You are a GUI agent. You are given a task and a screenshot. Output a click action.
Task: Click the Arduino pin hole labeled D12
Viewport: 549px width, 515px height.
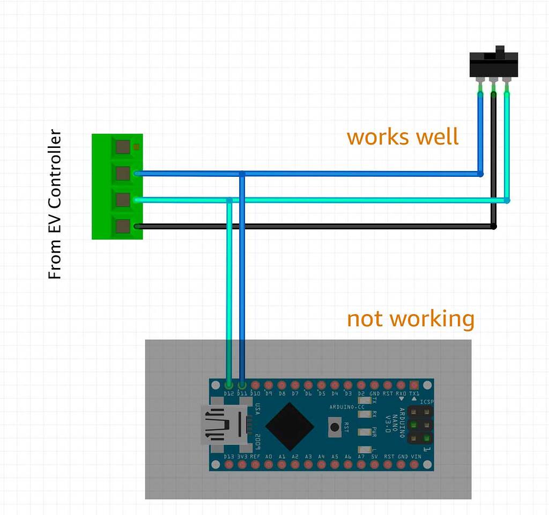click(x=229, y=385)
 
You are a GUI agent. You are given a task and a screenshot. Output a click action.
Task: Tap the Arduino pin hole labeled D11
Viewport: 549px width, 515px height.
click(x=242, y=385)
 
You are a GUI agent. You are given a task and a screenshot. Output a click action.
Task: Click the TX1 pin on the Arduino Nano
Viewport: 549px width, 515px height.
click(x=414, y=385)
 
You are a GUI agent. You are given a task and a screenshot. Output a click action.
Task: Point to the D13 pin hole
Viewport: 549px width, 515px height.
click(x=229, y=464)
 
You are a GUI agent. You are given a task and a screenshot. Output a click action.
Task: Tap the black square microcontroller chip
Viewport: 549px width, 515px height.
click(x=290, y=426)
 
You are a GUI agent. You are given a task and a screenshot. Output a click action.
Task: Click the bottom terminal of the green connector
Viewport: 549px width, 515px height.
click(x=123, y=226)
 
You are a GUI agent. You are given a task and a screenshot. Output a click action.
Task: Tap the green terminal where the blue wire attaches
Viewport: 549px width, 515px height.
click(x=123, y=173)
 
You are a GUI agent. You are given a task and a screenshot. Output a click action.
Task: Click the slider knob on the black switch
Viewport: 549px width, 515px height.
click(x=500, y=52)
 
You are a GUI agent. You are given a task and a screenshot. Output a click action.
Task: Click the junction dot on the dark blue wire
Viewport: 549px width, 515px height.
click(x=242, y=174)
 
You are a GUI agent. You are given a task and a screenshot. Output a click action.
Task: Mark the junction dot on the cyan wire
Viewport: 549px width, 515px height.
click(x=229, y=200)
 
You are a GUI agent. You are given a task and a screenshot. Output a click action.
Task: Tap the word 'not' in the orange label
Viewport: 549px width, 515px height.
click(x=365, y=319)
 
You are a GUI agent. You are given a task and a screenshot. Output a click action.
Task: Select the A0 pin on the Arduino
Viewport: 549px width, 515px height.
click(x=269, y=464)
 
